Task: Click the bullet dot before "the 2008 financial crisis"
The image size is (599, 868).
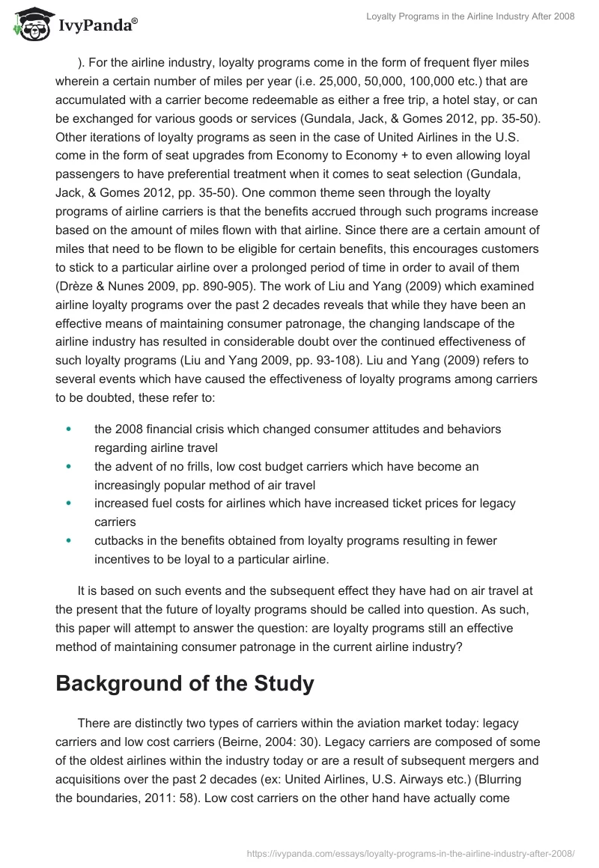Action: [69, 430]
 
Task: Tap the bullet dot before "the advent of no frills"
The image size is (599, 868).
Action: [69, 466]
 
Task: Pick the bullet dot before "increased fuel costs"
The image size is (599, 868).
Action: [69, 503]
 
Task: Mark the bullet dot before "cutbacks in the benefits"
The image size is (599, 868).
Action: [69, 540]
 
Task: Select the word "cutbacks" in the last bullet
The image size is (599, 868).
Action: [118, 540]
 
